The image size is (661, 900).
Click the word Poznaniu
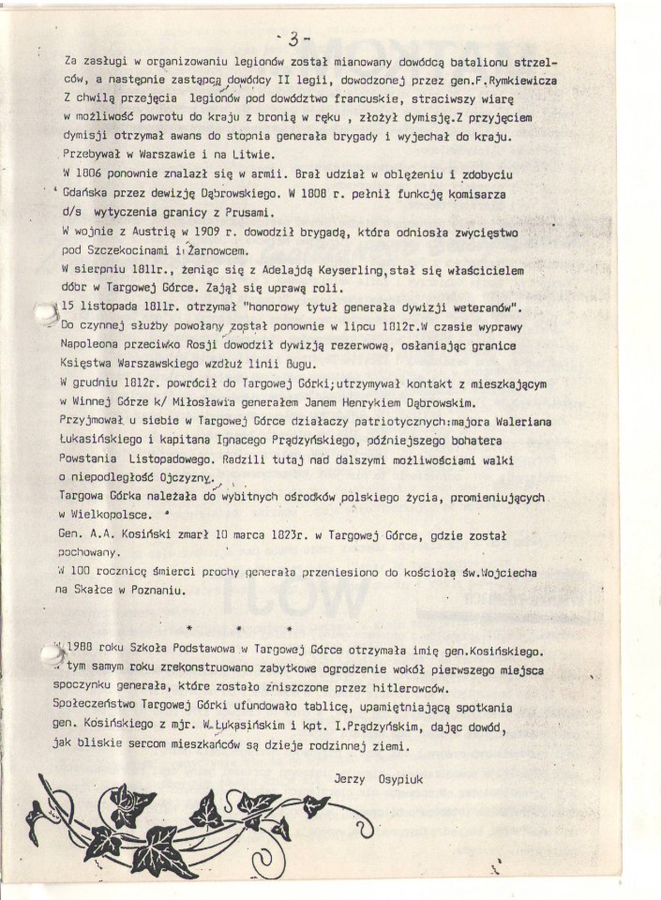point(173,591)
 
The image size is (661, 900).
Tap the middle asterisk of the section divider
point(241,627)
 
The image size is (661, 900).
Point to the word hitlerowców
point(432,685)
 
